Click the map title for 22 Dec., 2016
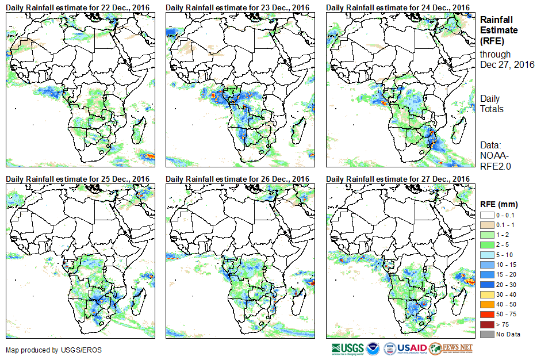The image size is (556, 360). (x=78, y=7)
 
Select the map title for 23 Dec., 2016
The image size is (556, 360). (x=237, y=7)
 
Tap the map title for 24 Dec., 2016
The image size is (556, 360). (x=397, y=7)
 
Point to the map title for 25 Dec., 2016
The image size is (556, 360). (x=78, y=179)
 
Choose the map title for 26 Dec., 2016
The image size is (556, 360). (x=237, y=179)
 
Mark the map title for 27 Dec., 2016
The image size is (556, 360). (x=397, y=179)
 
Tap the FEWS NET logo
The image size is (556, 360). (x=451, y=348)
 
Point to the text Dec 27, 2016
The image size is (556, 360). (x=507, y=64)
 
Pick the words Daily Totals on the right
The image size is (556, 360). (x=492, y=104)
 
